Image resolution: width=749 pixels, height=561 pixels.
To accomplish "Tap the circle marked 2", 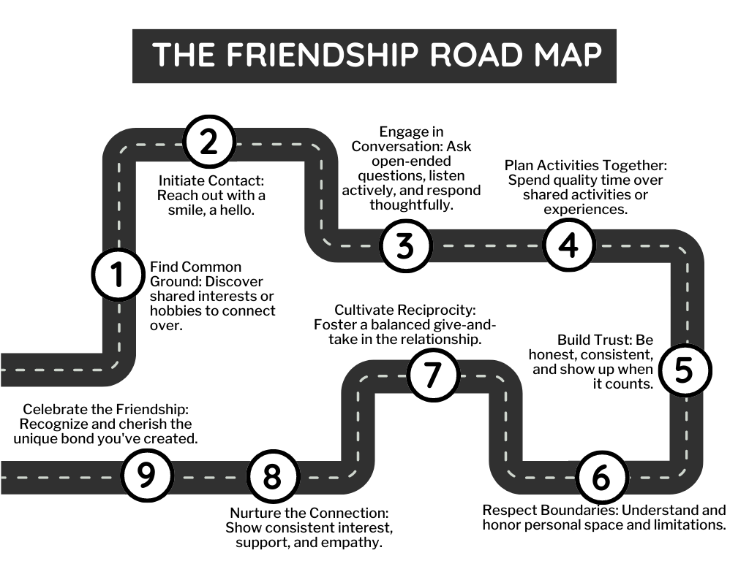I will [x=208, y=142].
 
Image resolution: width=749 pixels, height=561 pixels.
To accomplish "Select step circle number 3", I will [x=404, y=245].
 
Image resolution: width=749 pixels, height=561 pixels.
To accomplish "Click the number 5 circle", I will [x=682, y=370].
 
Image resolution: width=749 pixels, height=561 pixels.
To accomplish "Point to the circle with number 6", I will [x=601, y=478].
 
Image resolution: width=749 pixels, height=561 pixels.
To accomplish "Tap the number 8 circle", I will [x=271, y=477].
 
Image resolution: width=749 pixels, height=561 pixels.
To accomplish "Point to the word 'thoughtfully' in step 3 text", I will [x=411, y=205].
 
